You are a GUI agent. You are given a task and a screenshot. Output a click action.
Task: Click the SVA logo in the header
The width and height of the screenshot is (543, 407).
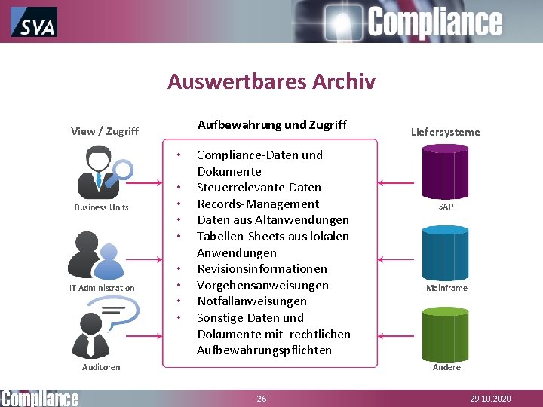[34, 22]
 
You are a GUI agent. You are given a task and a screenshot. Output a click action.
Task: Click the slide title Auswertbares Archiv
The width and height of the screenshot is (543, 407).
[271, 81]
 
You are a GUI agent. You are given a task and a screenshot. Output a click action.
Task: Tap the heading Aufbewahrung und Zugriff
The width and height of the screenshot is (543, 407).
[271, 125]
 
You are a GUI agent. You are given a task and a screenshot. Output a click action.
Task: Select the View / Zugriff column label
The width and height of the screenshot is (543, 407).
[105, 131]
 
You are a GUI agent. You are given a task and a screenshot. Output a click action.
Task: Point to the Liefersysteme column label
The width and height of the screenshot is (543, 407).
[445, 132]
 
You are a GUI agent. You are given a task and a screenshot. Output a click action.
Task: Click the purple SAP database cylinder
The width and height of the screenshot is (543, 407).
[445, 171]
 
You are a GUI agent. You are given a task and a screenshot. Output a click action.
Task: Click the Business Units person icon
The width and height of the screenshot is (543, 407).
[104, 173]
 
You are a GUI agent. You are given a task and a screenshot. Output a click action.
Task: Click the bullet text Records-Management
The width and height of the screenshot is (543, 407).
[258, 203]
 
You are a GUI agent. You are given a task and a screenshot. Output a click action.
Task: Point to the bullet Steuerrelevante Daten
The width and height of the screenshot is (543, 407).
[259, 188]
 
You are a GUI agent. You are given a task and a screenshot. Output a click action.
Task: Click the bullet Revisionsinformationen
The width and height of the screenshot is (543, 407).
[262, 269]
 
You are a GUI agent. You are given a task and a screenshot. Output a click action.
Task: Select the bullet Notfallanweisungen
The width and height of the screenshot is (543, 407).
[251, 301]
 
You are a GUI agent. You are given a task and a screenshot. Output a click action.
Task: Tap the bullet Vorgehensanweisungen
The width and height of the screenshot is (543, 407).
[262, 285]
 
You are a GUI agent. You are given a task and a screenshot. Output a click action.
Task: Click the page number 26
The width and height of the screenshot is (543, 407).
[262, 399]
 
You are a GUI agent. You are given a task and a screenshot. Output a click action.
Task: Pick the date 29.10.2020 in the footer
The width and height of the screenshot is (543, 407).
[490, 399]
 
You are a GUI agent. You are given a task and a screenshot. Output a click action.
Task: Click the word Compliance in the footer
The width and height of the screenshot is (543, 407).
[40, 398]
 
